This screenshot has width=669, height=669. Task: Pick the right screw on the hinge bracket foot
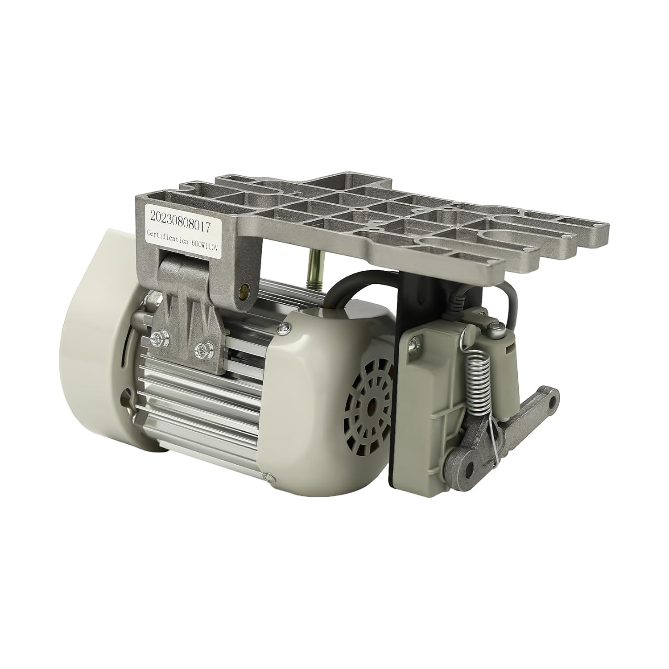205,346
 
